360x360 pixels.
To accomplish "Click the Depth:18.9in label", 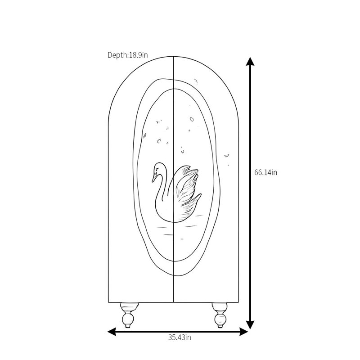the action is click(x=128, y=55).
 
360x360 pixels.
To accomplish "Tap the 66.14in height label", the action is click(x=265, y=172).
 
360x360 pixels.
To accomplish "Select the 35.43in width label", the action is click(x=180, y=337).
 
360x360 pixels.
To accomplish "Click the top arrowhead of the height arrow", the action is click(x=250, y=61).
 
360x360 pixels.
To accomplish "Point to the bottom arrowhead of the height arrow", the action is click(x=250, y=324).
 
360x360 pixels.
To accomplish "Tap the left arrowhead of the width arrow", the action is click(x=112, y=332).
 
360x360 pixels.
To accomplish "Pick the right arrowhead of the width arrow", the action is click(x=244, y=332).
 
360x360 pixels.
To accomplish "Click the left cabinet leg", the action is click(x=129, y=315).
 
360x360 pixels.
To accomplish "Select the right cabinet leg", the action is click(x=220, y=315).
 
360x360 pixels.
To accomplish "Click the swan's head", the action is click(x=157, y=170).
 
